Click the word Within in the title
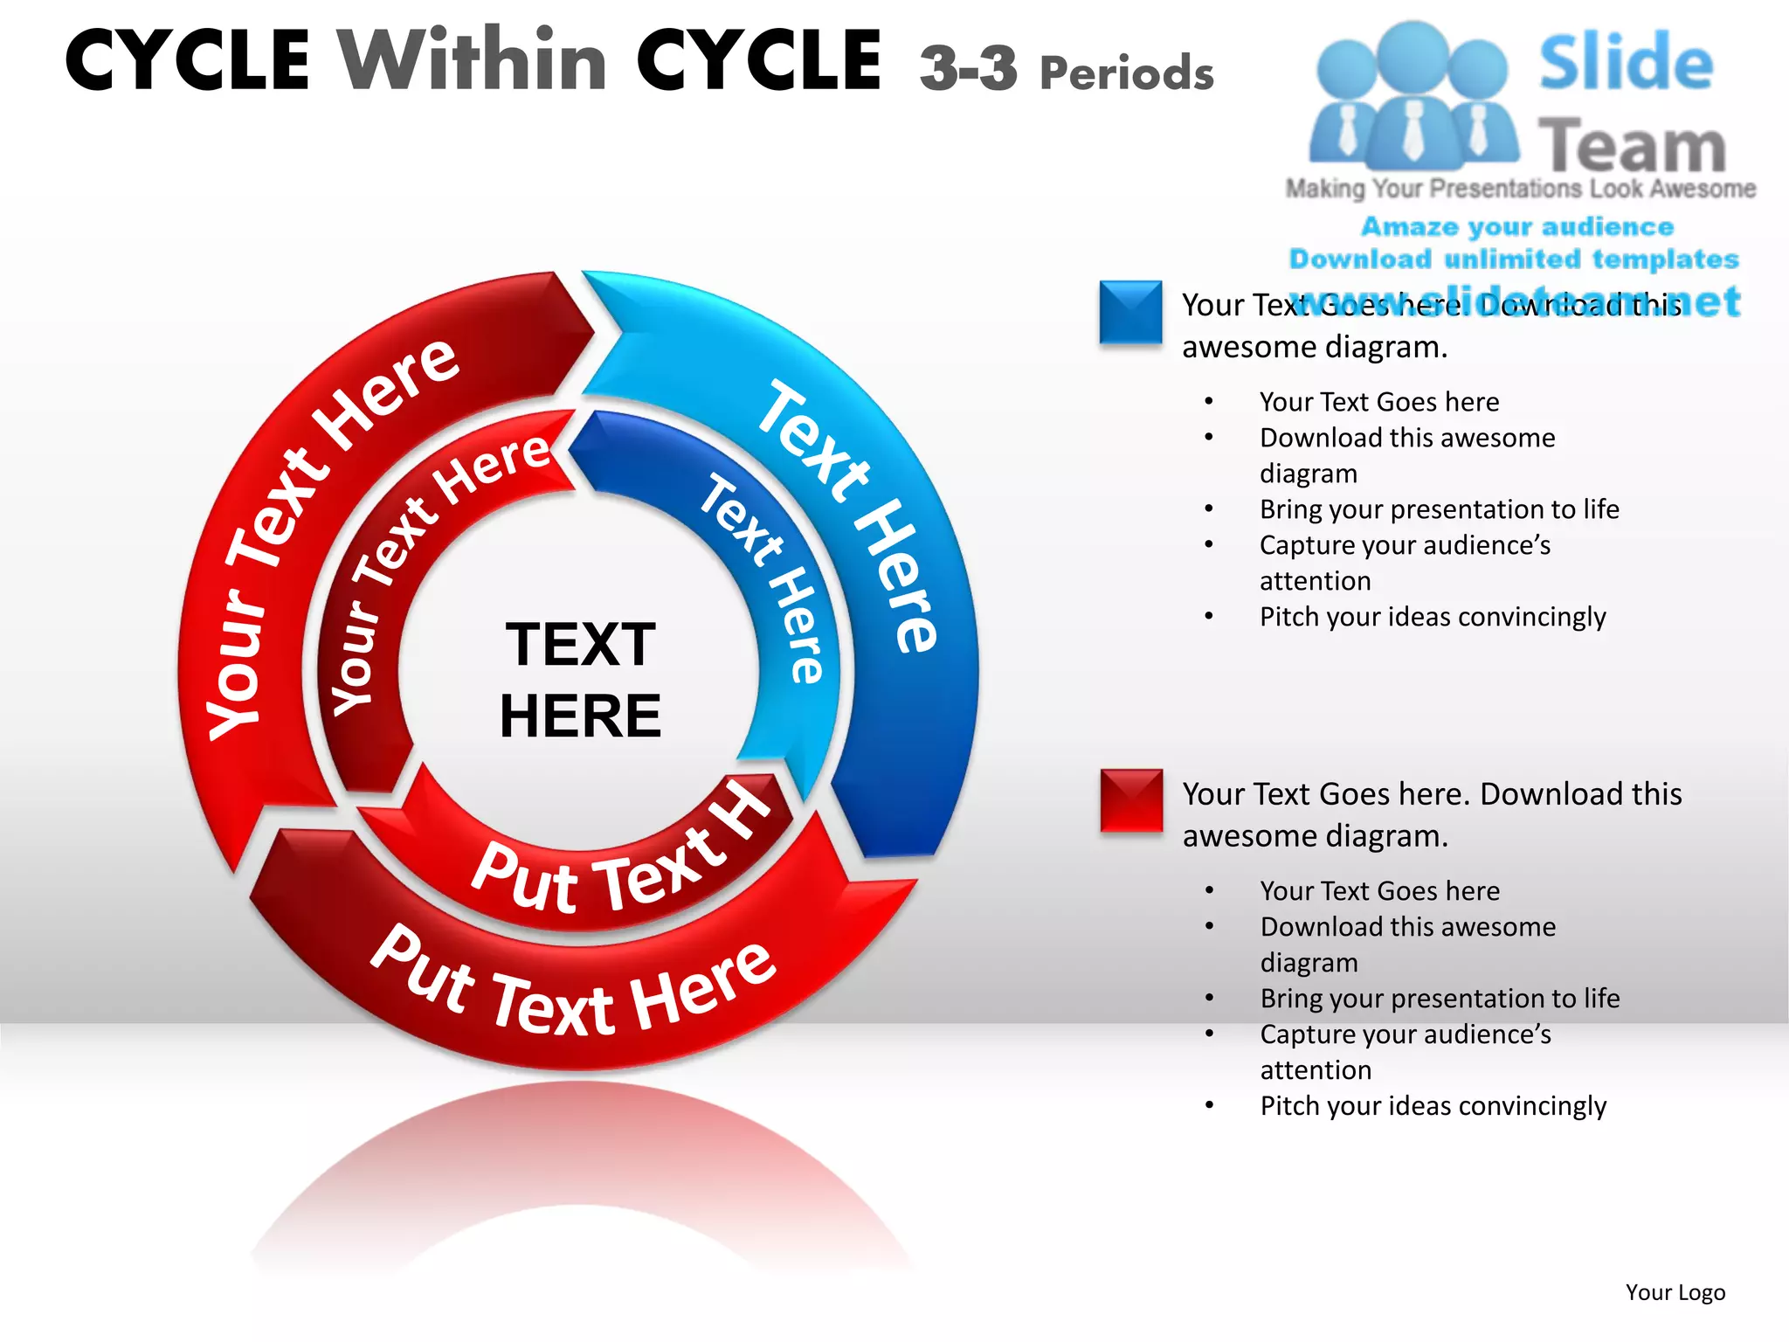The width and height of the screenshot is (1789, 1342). pos(473,60)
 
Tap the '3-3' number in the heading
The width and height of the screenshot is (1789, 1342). pos(968,68)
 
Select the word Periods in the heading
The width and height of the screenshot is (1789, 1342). pos(1127,73)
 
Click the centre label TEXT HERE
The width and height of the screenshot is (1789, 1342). pos(580,680)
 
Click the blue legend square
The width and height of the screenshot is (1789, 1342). pos(1130,312)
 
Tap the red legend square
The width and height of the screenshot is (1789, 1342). pos(1131,800)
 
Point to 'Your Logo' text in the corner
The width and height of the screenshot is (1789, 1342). pos(1675,1292)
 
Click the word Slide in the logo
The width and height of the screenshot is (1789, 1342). pos(1626,62)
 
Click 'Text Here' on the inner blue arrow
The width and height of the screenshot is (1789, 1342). pos(763,578)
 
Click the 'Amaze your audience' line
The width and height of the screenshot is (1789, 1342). pos(1517,227)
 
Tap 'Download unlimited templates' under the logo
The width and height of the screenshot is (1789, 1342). pos(1514,259)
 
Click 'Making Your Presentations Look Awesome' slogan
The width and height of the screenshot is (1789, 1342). pos(1520,189)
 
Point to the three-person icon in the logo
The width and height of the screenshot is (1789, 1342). pos(1413,96)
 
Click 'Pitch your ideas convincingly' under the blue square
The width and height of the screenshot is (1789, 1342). pos(1432,617)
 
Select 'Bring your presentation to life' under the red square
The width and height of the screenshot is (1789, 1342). pos(1440,999)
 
